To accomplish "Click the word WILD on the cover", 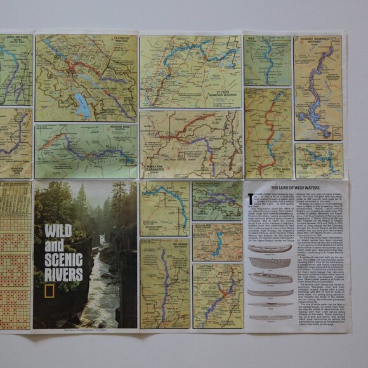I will pyautogui.click(x=58, y=232).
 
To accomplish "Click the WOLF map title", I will pyautogui.click(x=251, y=39).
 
